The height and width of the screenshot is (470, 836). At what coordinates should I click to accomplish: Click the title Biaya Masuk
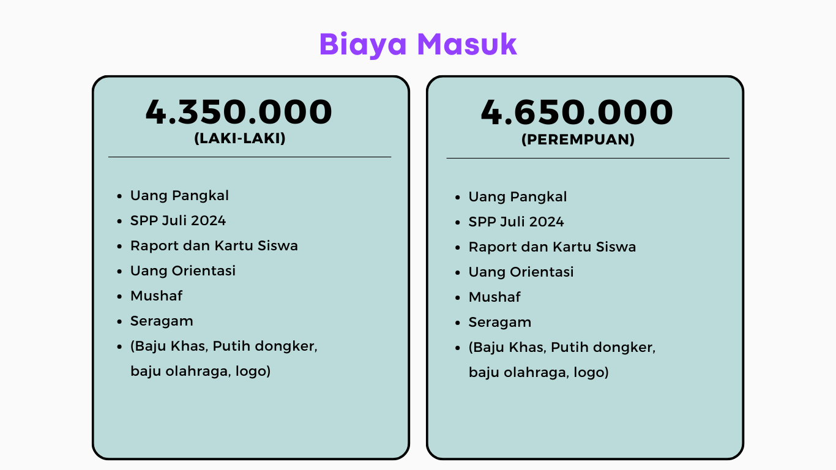point(418,45)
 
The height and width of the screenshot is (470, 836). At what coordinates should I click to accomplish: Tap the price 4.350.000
point(239,111)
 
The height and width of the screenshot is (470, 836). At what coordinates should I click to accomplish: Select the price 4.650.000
point(577,111)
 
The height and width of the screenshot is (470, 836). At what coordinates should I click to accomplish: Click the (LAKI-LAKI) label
point(240,138)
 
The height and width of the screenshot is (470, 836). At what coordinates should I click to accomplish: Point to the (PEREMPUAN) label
point(578,140)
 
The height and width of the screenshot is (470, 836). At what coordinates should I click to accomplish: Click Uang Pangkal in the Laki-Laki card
point(179,196)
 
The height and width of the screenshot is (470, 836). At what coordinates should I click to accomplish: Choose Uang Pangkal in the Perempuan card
point(518,196)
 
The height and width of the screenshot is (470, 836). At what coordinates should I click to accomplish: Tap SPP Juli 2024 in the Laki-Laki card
point(178,221)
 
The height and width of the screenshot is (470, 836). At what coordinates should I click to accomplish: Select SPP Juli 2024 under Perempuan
point(516,222)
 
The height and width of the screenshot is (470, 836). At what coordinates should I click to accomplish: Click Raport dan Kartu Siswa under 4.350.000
point(214,245)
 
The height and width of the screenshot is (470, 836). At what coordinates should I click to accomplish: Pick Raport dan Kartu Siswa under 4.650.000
point(553,247)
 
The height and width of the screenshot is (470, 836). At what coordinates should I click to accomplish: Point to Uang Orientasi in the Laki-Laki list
point(183,270)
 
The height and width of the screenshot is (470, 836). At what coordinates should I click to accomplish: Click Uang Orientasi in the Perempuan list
point(521,272)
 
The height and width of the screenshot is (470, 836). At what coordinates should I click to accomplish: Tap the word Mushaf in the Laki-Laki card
point(157,296)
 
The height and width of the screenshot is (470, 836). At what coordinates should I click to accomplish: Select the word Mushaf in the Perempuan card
point(495,297)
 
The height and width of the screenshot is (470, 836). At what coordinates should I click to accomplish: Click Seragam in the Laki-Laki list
point(162,321)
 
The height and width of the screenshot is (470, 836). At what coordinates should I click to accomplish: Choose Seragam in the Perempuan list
point(500,323)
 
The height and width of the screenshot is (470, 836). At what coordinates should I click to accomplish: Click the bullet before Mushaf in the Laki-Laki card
point(119,296)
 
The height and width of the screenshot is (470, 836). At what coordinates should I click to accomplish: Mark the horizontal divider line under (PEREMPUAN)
point(588,159)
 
